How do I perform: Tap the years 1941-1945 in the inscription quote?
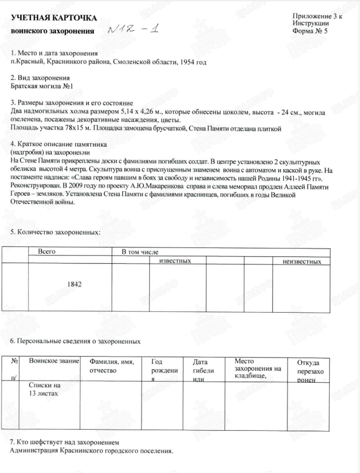pyautogui.click(x=296, y=179)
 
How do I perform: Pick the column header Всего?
pyautogui.click(x=47, y=252)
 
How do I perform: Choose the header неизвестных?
pyautogui.click(x=302, y=261)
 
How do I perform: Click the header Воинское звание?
pyautogui.click(x=54, y=361)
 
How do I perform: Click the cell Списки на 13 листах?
pyautogui.click(x=44, y=390)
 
